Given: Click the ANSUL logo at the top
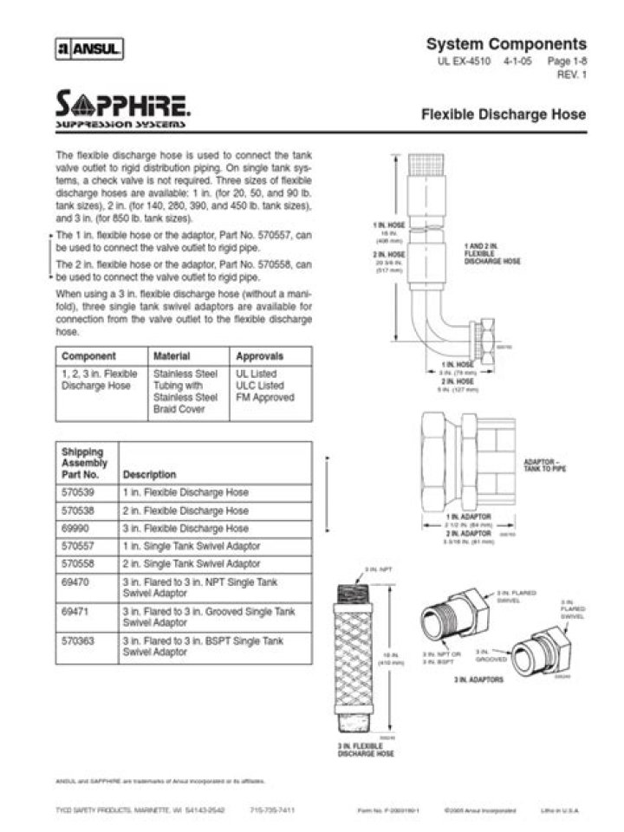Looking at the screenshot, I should click(x=89, y=49).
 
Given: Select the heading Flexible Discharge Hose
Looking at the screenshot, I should click(x=503, y=114).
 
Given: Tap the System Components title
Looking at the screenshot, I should click(x=506, y=44).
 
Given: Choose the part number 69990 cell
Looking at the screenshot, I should click(x=76, y=528).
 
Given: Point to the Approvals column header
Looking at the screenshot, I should click(x=259, y=356).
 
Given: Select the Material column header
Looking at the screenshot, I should click(x=172, y=356).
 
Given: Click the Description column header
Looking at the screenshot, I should click(x=149, y=475).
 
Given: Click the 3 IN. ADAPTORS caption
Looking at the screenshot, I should click(x=478, y=680).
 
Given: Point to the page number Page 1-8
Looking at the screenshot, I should click(x=567, y=63).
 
